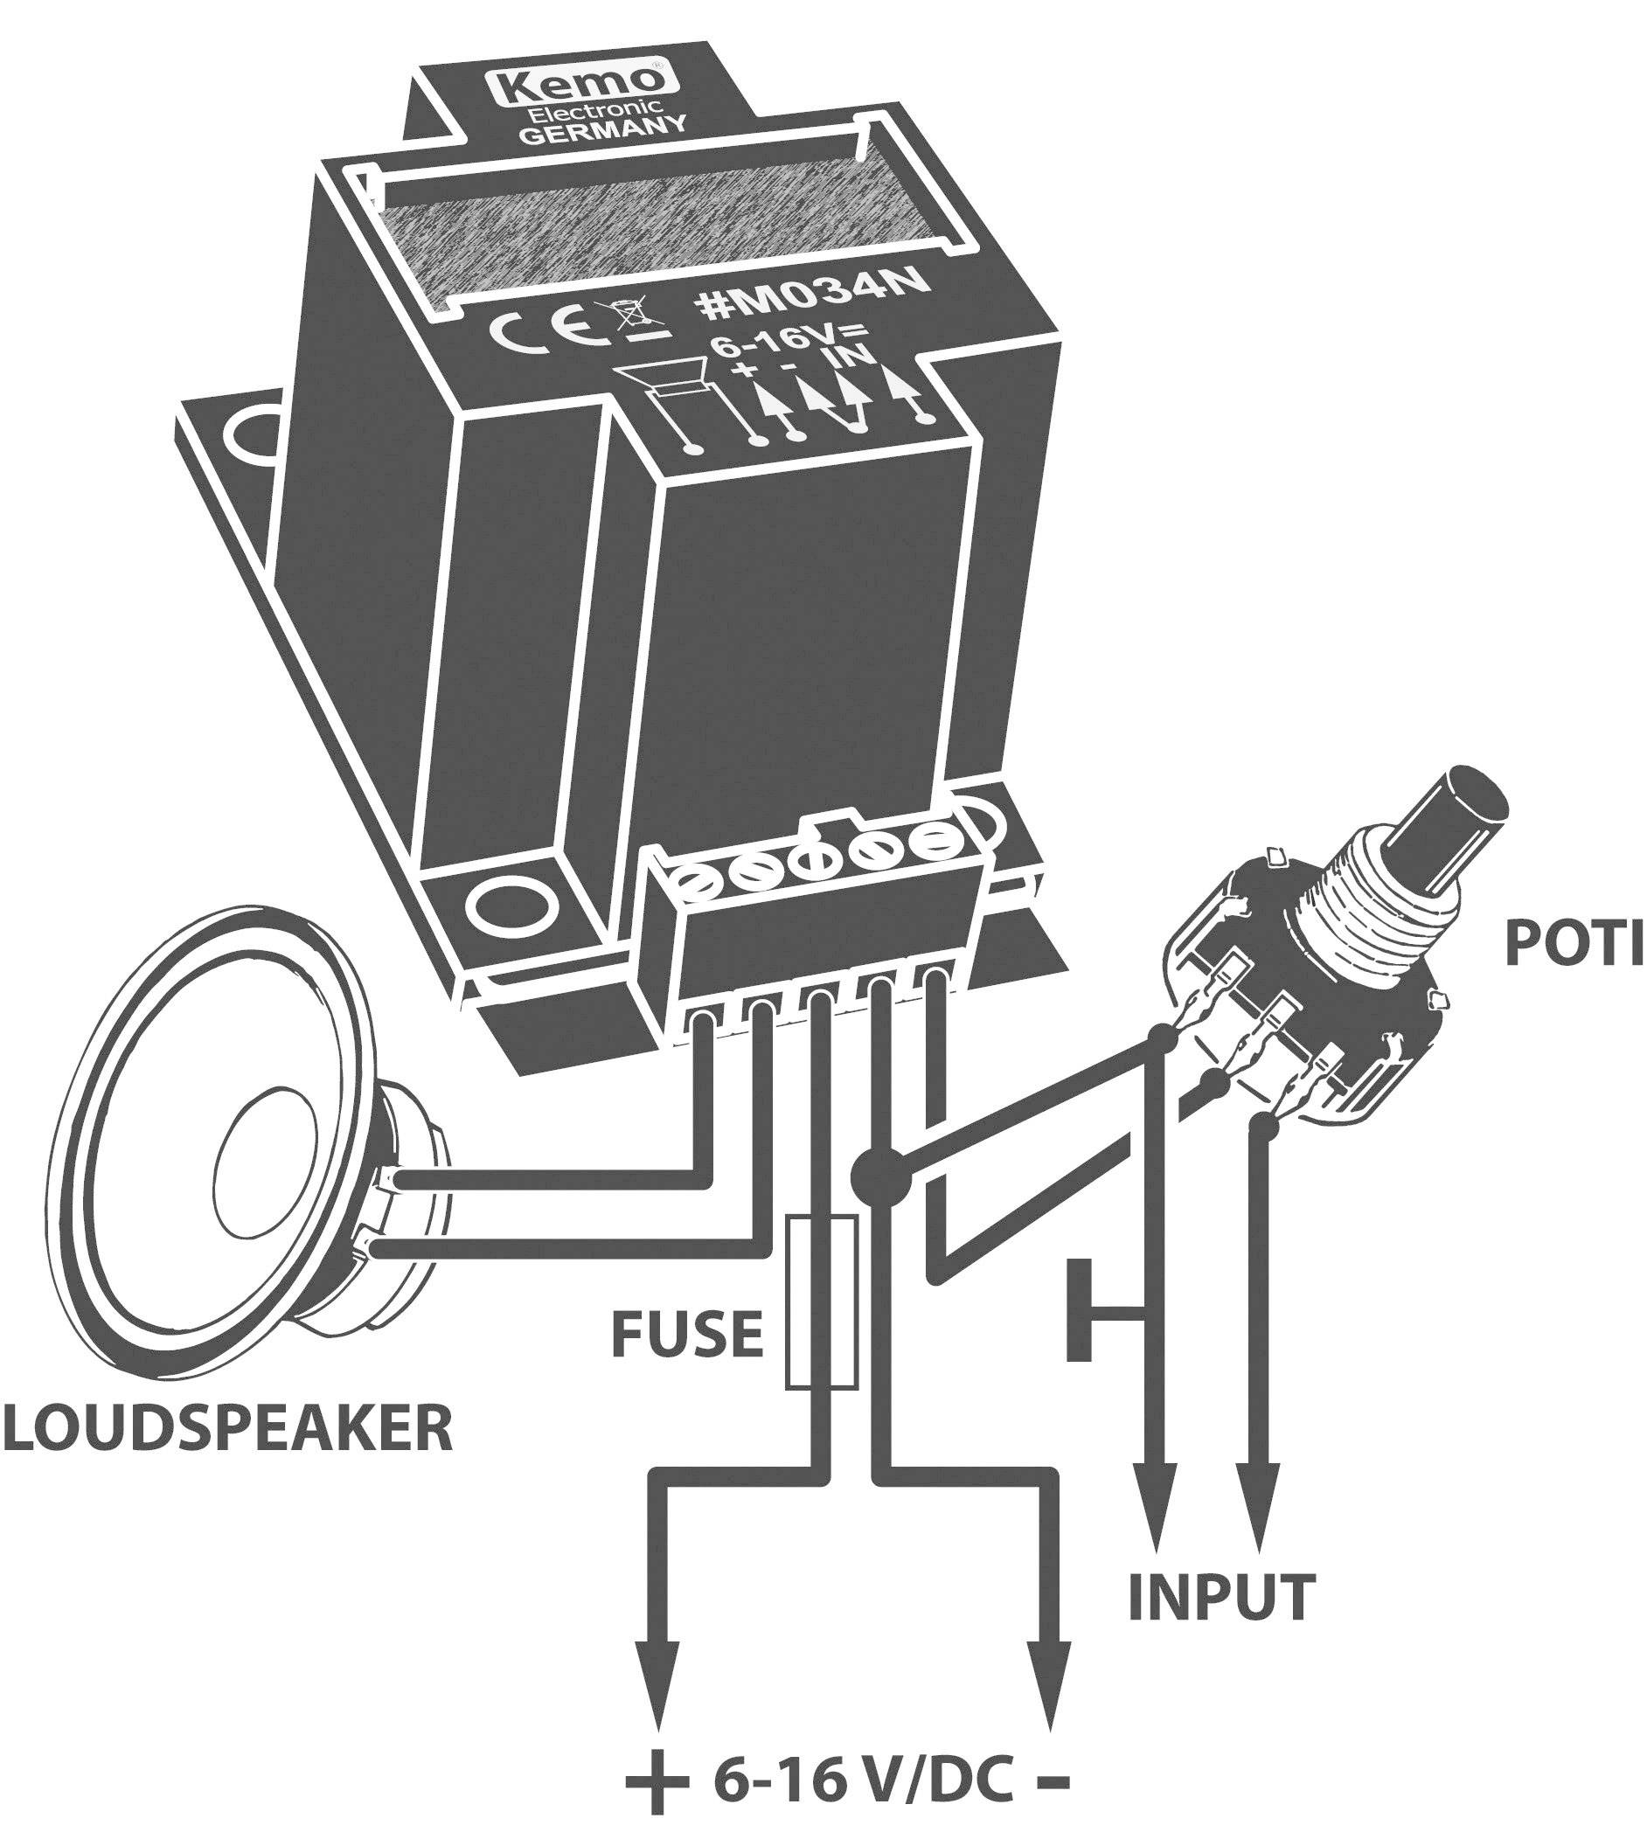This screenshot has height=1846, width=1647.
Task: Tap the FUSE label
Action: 687,1335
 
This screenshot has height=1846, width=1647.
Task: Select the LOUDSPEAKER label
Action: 226,1428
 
